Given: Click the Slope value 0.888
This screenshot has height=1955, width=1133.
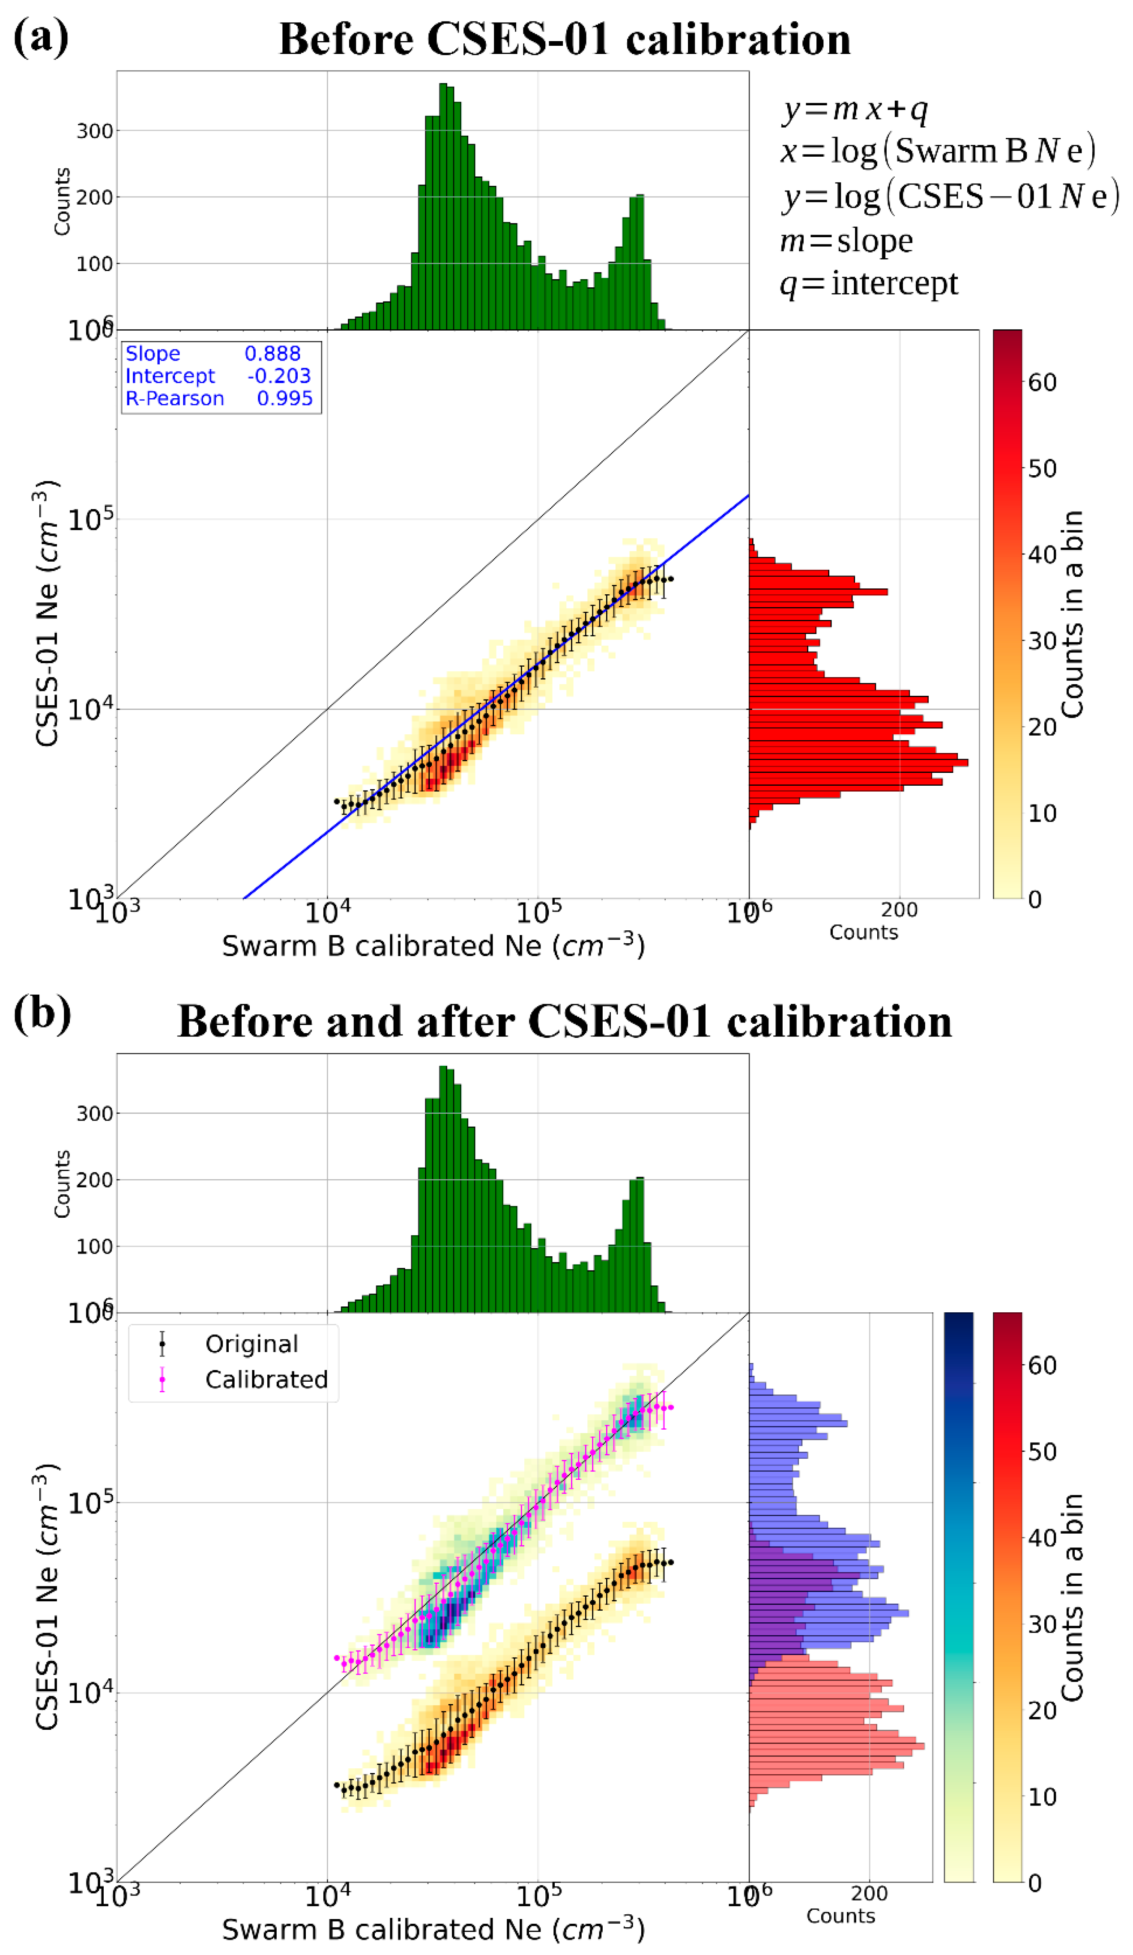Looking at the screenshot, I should coord(272,354).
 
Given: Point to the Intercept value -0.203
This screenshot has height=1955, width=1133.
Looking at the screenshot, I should coord(278,376).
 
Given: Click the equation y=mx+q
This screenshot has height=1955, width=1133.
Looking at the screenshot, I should coord(854,109).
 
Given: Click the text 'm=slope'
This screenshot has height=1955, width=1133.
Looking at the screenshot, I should coord(846,241).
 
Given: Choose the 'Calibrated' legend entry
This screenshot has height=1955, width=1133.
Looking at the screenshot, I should coord(266,1380).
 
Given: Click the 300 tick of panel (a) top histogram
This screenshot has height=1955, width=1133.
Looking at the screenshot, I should coord(95,131).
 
